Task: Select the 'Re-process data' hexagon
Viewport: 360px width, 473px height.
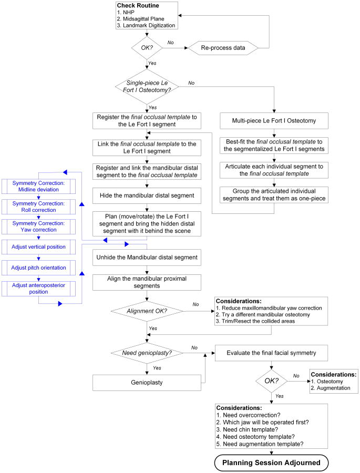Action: click(x=223, y=47)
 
